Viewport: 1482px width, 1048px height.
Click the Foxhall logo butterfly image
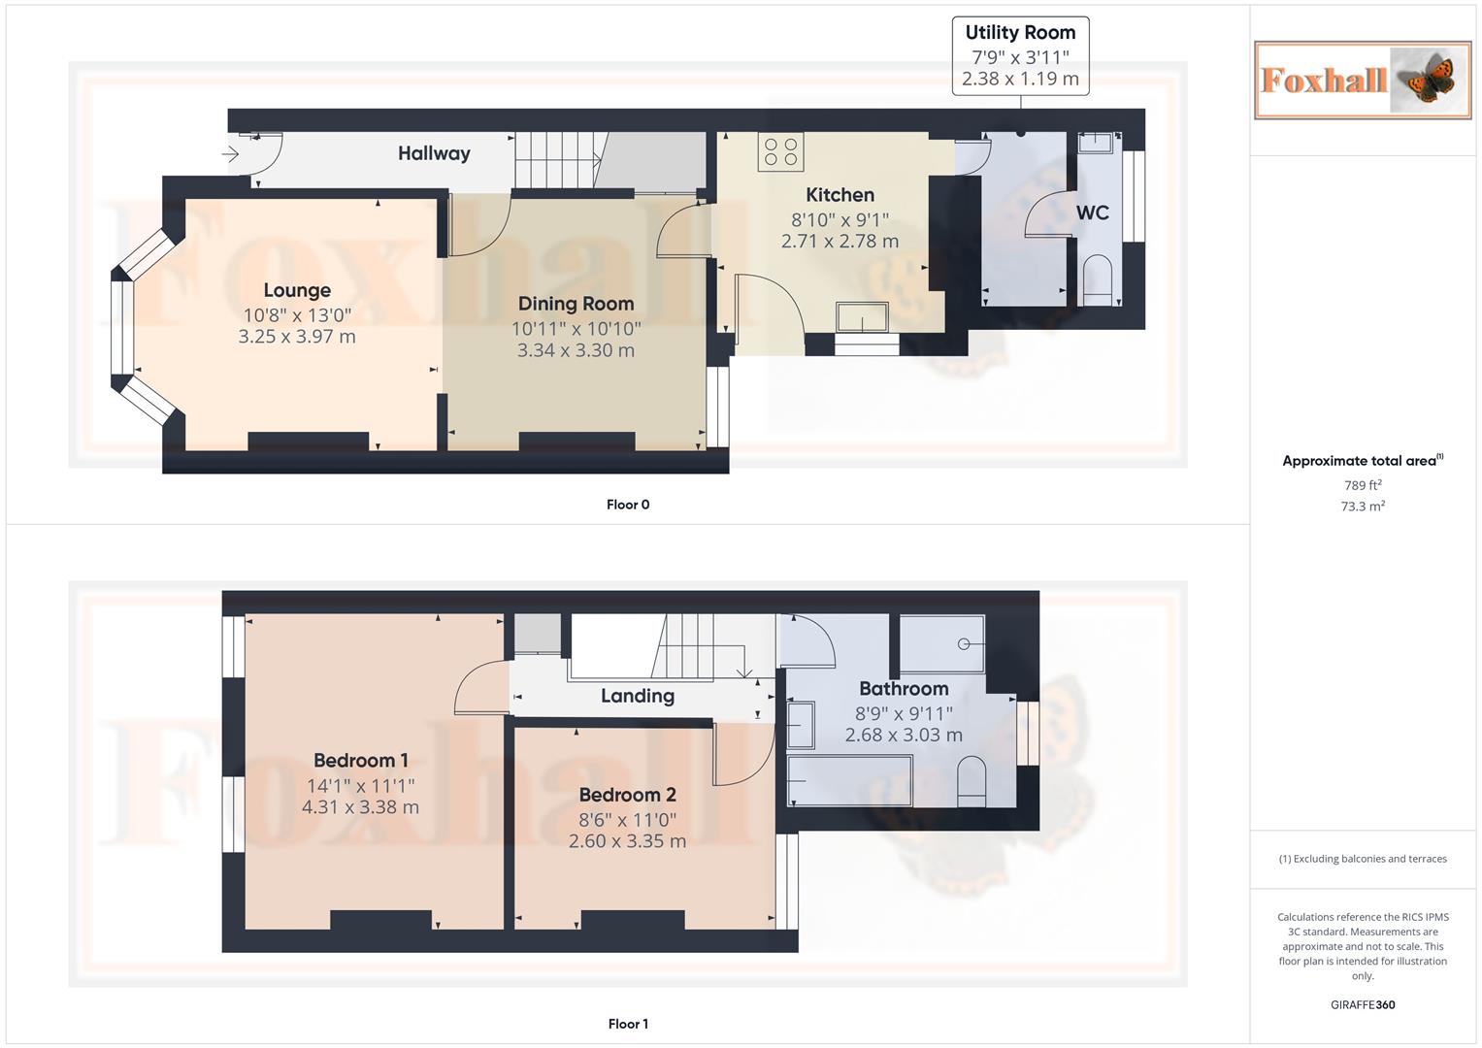pyautogui.click(x=1428, y=80)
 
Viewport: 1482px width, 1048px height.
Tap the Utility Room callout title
pyautogui.click(x=1020, y=33)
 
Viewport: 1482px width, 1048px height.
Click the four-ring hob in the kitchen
pyautogui.click(x=781, y=151)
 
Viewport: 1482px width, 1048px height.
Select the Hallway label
pyautogui.click(x=434, y=153)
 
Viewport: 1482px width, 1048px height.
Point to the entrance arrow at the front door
pyautogui.click(x=230, y=154)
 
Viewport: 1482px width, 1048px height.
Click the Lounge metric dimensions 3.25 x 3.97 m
pyautogui.click(x=297, y=337)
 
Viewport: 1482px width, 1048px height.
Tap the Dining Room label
pyautogui.click(x=576, y=304)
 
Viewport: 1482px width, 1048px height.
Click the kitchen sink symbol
pyautogui.click(x=862, y=317)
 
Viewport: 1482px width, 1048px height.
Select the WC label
pyautogui.click(x=1092, y=213)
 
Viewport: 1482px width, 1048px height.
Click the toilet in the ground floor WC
pyautogui.click(x=1098, y=279)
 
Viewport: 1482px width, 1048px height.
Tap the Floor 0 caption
pyautogui.click(x=628, y=505)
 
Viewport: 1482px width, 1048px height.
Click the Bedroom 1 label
pyautogui.click(x=360, y=761)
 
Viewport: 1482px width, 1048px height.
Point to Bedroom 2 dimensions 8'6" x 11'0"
pyautogui.click(x=627, y=820)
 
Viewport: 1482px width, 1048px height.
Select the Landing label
pyautogui.click(x=637, y=696)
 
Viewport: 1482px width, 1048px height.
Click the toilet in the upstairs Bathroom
pyautogui.click(x=972, y=781)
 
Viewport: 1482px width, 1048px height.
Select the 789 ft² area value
pyautogui.click(x=1363, y=485)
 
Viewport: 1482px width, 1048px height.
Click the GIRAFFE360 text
pyautogui.click(x=1363, y=1005)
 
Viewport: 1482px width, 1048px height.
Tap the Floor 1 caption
pyautogui.click(x=628, y=1024)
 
